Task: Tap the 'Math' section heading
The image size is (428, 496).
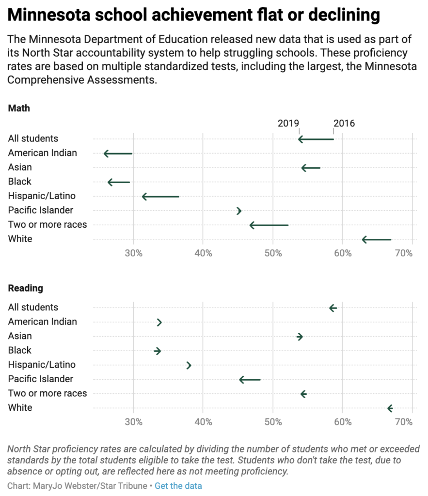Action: click(x=19, y=108)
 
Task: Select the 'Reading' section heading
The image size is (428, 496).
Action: click(x=25, y=288)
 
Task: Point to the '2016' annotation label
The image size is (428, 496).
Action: click(x=344, y=123)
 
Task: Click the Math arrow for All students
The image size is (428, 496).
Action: click(x=316, y=139)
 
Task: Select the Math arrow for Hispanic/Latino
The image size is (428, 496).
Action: click(x=160, y=197)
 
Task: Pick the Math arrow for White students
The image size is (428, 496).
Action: click(x=377, y=239)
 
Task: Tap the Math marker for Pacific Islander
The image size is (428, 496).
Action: click(x=239, y=211)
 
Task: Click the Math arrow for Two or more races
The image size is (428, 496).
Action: click(x=269, y=225)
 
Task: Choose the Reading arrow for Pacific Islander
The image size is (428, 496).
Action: click(x=250, y=379)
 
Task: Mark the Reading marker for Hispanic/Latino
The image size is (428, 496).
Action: click(x=189, y=365)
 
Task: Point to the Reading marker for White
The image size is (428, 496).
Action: click(x=390, y=408)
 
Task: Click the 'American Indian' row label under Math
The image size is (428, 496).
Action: click(x=42, y=153)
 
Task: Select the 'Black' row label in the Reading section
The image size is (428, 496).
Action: click(x=19, y=350)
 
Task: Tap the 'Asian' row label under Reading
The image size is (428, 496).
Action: click(x=20, y=336)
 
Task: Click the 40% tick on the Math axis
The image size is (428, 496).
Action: click(x=203, y=253)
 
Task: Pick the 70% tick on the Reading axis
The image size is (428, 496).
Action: click(x=404, y=422)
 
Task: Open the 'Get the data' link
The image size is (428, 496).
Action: click(x=178, y=486)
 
